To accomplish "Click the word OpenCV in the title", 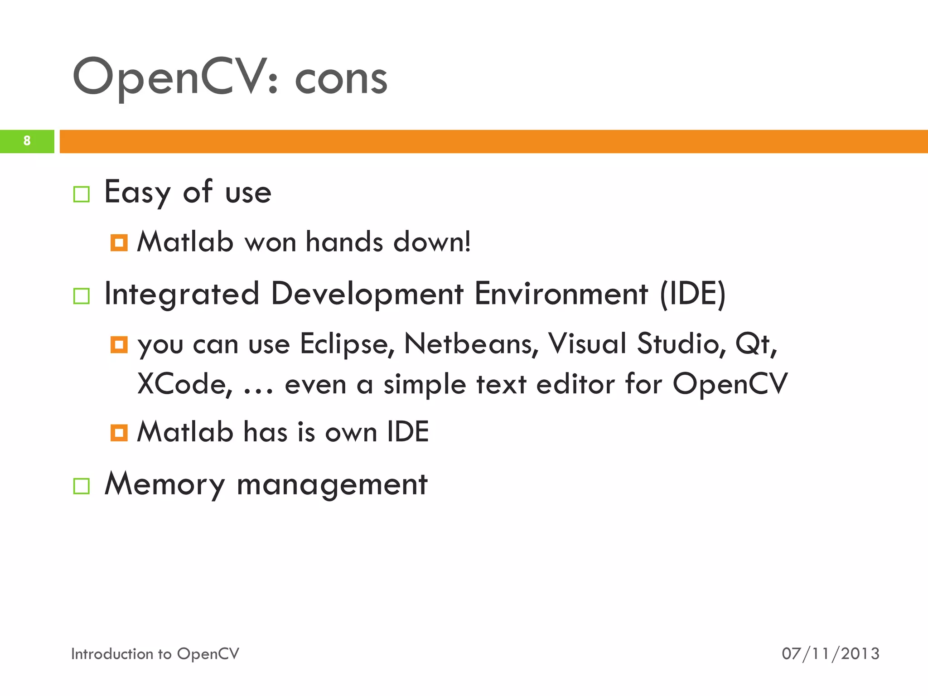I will [x=168, y=77].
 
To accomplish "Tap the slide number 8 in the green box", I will [x=27, y=141].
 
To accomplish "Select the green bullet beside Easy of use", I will [x=82, y=194].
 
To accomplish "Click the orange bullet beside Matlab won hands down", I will [x=119, y=242].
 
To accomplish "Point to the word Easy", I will [x=137, y=193].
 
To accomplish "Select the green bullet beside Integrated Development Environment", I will [x=82, y=296].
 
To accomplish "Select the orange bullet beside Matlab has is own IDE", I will [x=119, y=432].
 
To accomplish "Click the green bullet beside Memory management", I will [x=82, y=486].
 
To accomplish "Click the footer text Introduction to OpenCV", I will [x=155, y=654].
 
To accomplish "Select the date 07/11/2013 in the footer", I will [x=830, y=654].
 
